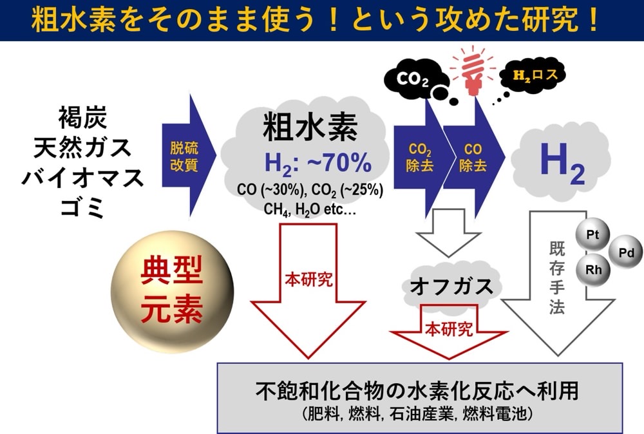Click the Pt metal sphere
(593, 236)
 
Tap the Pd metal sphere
(626, 252)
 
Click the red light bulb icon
(472, 72)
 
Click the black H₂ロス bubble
(533, 75)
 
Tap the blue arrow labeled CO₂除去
(420, 158)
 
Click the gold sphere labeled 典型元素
(173, 290)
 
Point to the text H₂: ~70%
(318, 163)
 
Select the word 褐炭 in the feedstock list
(82, 117)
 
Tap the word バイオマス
(82, 178)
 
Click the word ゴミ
(82, 208)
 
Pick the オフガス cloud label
(452, 286)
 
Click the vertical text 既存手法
(557, 278)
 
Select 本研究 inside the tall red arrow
(308, 280)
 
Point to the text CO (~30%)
(270, 190)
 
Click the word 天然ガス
(82, 148)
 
